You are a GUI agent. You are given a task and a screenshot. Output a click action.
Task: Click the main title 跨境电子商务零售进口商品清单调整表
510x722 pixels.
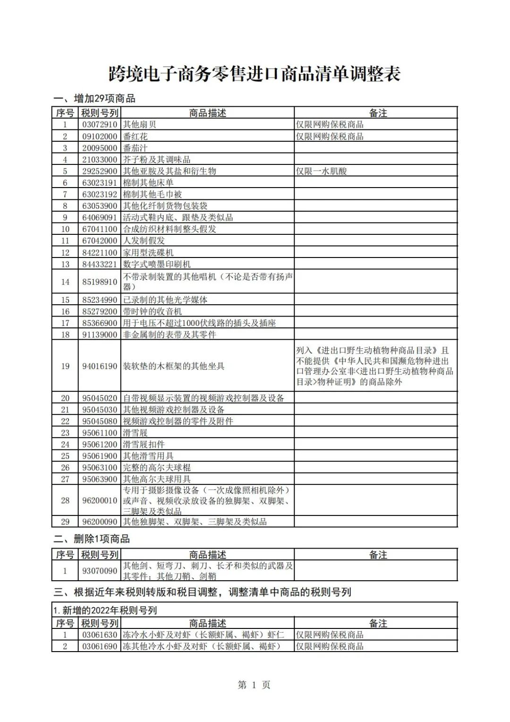[255, 74]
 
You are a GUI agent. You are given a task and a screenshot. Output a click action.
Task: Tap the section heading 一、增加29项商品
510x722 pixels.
[94, 99]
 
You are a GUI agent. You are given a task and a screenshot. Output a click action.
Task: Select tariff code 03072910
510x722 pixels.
[100, 125]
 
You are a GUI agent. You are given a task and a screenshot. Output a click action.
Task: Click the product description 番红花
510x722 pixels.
[136, 137]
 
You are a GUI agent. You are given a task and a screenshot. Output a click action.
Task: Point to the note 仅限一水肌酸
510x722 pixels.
[321, 171]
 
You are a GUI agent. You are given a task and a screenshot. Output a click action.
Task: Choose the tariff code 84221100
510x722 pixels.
[100, 253]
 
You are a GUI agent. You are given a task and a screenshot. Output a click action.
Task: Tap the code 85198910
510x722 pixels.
[100, 282]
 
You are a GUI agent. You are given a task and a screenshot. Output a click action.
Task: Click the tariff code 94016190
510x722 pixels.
[100, 366]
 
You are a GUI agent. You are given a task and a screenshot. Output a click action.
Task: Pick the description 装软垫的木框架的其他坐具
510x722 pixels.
[174, 366]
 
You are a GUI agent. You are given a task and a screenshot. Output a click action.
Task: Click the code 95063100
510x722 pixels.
[100, 468]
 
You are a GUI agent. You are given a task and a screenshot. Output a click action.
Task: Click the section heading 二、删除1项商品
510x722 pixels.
[92, 539]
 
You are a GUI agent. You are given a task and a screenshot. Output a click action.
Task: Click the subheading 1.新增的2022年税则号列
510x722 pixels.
[105, 610]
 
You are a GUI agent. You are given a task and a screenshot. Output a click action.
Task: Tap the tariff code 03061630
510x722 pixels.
[100, 635]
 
